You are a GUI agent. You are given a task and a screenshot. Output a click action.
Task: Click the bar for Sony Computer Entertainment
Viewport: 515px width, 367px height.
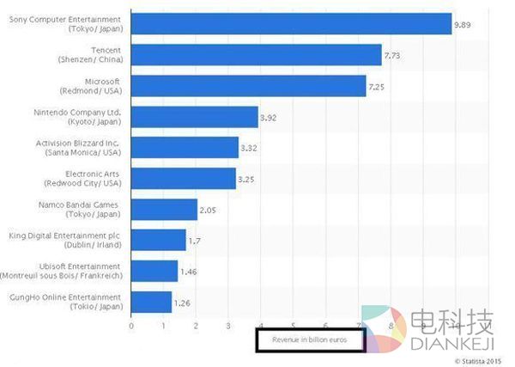tap(292, 24)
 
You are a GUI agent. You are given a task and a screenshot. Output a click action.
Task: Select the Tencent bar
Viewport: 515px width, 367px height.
tap(256, 55)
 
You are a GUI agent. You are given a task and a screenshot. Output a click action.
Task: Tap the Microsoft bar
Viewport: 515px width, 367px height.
tap(249, 86)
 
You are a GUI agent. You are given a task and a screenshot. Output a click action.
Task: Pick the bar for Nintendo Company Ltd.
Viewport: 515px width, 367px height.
tap(195, 117)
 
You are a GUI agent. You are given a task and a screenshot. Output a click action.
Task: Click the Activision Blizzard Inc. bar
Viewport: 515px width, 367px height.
tap(185, 148)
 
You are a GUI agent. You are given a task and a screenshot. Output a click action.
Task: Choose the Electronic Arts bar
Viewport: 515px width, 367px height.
tap(184, 179)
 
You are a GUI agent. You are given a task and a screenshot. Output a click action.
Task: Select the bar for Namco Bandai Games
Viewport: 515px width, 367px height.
tap(164, 210)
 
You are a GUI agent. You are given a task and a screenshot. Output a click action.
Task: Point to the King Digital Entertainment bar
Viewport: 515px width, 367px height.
tap(159, 240)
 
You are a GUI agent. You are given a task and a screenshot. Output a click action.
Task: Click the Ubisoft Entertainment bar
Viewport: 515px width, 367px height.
tap(154, 271)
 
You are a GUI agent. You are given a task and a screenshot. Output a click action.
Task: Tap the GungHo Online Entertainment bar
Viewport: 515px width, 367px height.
tap(151, 302)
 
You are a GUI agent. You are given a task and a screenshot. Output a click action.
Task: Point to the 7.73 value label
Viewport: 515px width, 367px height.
tap(394, 56)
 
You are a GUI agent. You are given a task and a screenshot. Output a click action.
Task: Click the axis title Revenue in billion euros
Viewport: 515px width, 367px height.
tap(311, 340)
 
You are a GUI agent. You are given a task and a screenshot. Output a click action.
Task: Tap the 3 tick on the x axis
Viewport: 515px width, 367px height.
tap(228, 325)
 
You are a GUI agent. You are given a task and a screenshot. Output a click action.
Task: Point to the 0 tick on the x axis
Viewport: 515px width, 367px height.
tap(131, 325)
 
